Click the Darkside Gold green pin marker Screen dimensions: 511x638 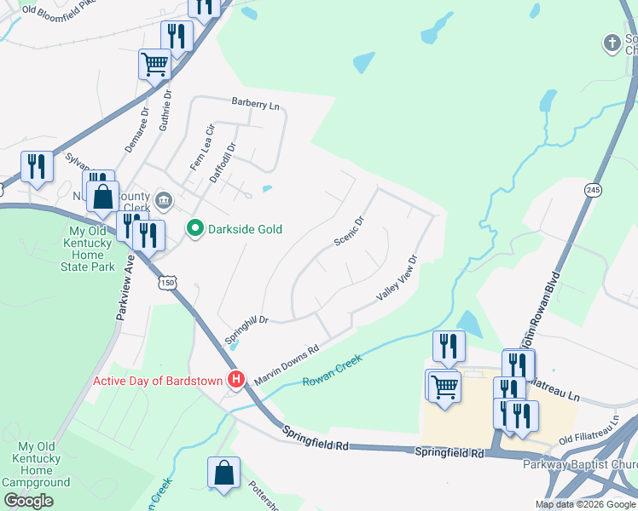coord(194,228)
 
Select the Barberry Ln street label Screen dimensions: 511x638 coord(256,103)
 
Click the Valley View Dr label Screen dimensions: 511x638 coord(398,278)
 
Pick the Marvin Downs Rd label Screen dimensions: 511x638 coord(286,363)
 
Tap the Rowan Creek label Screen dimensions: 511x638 coord(333,370)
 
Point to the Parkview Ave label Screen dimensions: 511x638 coord(125,290)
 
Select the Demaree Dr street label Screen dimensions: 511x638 coord(136,129)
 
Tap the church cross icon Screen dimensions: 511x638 coord(611,42)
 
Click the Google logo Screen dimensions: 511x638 coord(28,501)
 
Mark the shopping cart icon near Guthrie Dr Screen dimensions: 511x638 coord(154,64)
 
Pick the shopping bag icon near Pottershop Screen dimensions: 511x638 coord(223,473)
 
